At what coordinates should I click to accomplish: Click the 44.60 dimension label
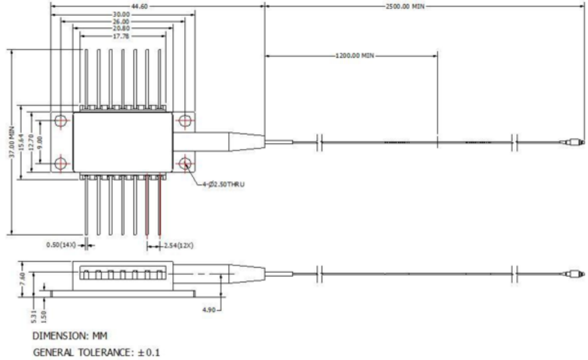click(x=139, y=6)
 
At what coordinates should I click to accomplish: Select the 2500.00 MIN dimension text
click(x=405, y=6)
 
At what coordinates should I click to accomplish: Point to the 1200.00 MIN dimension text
click(x=355, y=55)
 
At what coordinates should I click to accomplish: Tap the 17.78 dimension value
click(x=121, y=36)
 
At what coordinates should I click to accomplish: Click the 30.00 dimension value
click(x=121, y=15)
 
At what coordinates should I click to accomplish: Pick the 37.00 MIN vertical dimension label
click(x=12, y=142)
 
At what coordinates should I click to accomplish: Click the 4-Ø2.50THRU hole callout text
click(x=223, y=184)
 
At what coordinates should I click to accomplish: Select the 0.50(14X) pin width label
click(x=61, y=245)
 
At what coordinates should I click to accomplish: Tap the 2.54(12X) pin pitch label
click(x=179, y=246)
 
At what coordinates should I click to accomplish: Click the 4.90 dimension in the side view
click(x=209, y=310)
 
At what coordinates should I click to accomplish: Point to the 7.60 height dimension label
click(x=22, y=279)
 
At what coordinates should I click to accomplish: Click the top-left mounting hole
click(x=61, y=121)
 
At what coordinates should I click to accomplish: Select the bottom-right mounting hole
click(x=185, y=164)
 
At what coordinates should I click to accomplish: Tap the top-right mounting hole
click(x=185, y=121)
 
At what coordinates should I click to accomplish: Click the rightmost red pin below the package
click(x=159, y=205)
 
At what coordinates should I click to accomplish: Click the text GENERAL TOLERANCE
click(x=81, y=352)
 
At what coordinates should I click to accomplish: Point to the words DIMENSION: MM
click(x=70, y=336)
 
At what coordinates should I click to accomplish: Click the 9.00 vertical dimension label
click(x=40, y=142)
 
